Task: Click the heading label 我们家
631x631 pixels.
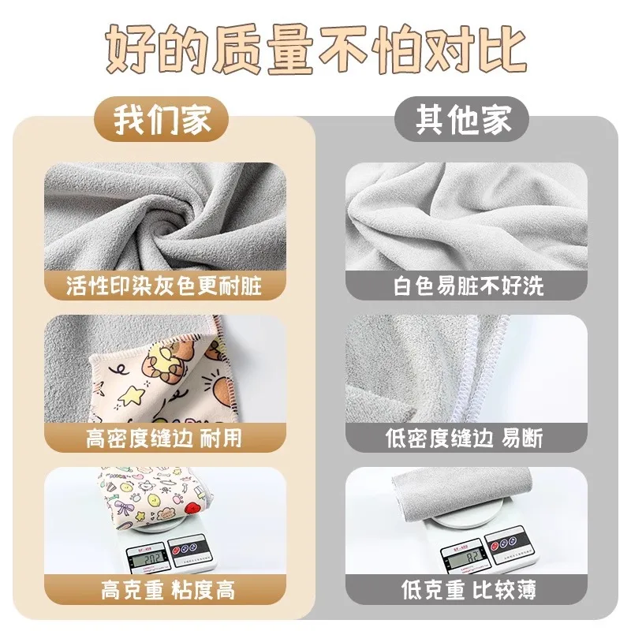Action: pyautogui.click(x=163, y=120)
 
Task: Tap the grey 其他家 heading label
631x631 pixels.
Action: pyautogui.click(x=464, y=120)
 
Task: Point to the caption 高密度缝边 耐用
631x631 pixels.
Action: pyautogui.click(x=164, y=437)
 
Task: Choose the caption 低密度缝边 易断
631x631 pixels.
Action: pyautogui.click(x=468, y=437)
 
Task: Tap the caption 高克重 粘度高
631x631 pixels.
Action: pyautogui.click(x=164, y=588)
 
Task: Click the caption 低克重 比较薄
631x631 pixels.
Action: pyautogui.click(x=468, y=588)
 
